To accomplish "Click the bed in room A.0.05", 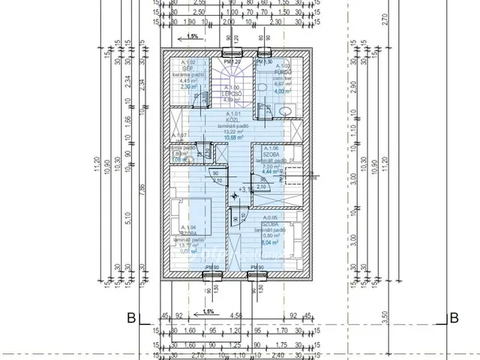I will [x=294, y=233].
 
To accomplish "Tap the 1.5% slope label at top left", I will [x=193, y=36].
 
